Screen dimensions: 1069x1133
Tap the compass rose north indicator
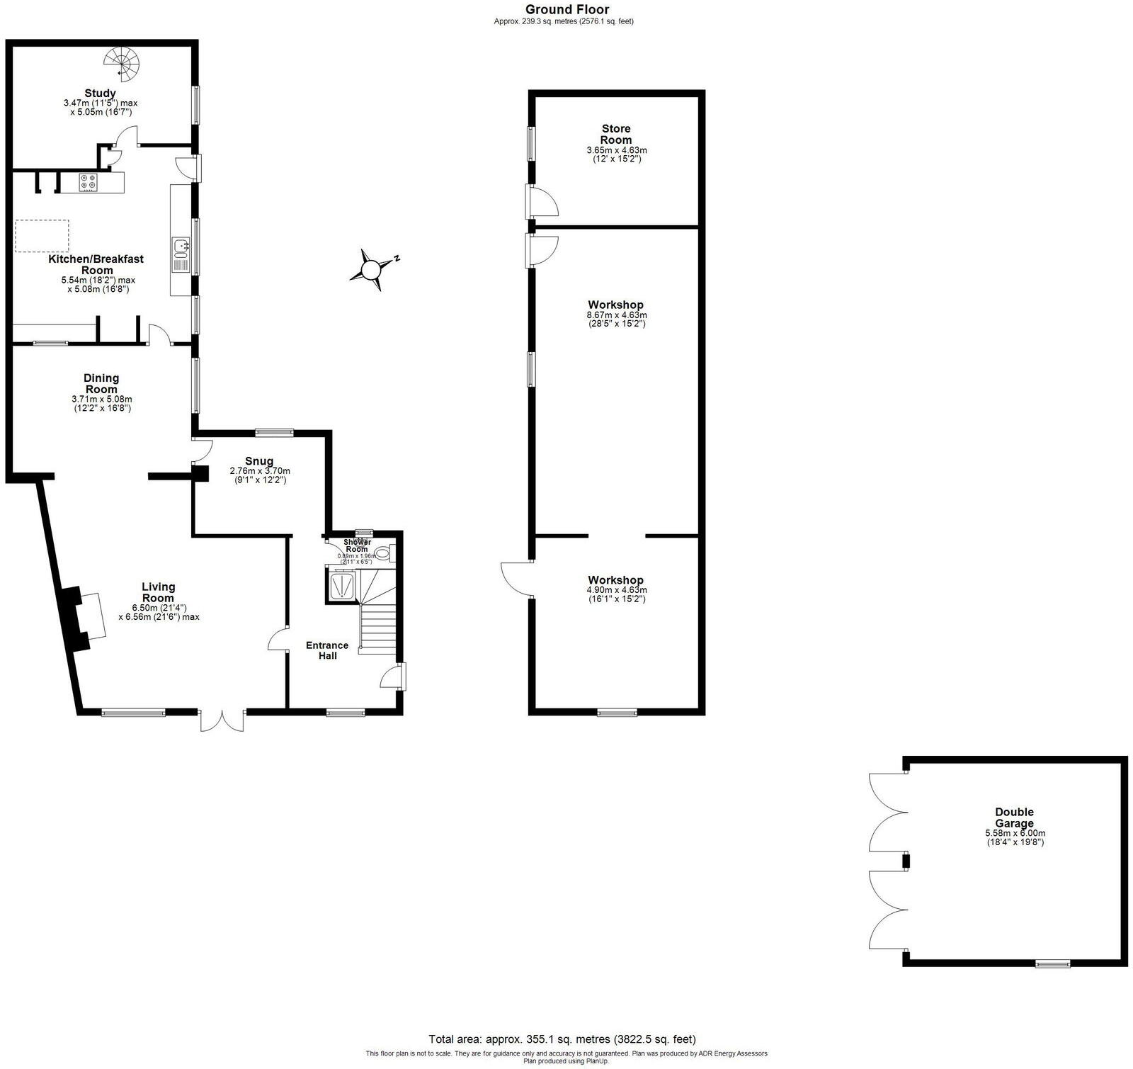coord(370,269)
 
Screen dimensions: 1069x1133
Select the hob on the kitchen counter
coord(89,181)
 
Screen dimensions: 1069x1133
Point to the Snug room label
coord(259,461)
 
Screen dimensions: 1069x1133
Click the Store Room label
coord(616,134)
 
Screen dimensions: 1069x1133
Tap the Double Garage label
coord(1014,818)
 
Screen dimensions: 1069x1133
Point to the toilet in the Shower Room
coord(382,553)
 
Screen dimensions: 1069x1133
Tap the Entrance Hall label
coord(326,650)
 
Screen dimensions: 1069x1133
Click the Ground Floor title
coord(566,9)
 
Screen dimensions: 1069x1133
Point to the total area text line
coord(562,1039)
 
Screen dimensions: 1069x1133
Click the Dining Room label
coord(101,383)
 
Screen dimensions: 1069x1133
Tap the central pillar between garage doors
coord(905,861)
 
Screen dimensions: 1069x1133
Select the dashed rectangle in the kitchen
coord(42,236)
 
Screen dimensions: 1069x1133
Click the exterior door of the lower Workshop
coord(517,579)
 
